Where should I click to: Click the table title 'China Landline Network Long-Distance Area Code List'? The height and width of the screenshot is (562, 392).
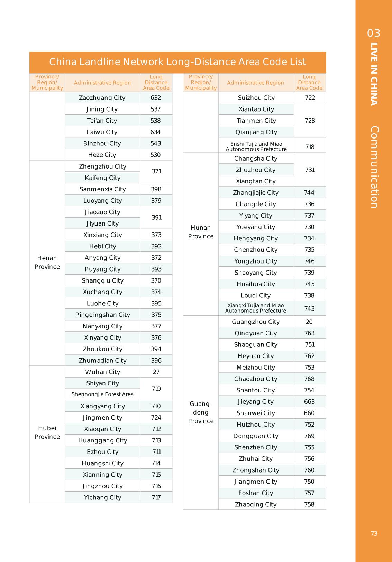click(177, 62)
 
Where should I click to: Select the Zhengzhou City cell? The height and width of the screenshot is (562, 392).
click(102, 166)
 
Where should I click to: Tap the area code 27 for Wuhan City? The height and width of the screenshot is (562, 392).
click(156, 372)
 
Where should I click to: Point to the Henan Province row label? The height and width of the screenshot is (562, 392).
click(47, 262)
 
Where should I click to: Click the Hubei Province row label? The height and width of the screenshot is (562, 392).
click(47, 432)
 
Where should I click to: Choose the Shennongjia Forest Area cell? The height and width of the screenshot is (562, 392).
click(102, 394)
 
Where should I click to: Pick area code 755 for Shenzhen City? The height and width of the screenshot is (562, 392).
click(309, 447)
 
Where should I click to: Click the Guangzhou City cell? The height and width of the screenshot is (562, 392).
click(256, 322)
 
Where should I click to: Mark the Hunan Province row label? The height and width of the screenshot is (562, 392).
click(201, 232)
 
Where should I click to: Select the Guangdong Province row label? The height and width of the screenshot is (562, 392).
click(201, 412)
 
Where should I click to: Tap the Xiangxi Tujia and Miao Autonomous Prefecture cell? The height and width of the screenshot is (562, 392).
click(256, 308)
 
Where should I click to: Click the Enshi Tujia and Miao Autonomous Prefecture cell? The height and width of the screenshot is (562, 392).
click(256, 146)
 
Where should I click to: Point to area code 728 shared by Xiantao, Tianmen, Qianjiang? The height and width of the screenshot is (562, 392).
click(310, 121)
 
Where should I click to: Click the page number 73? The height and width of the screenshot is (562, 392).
click(374, 534)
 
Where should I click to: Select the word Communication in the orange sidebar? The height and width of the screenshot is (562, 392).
click(374, 167)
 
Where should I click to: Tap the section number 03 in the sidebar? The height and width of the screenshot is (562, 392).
click(374, 33)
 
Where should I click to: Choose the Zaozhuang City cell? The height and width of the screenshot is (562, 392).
click(102, 98)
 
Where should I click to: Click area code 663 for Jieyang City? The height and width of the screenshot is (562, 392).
click(309, 402)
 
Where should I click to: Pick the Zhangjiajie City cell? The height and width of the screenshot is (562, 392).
click(256, 193)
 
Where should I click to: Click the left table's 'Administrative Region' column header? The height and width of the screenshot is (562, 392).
click(102, 83)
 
